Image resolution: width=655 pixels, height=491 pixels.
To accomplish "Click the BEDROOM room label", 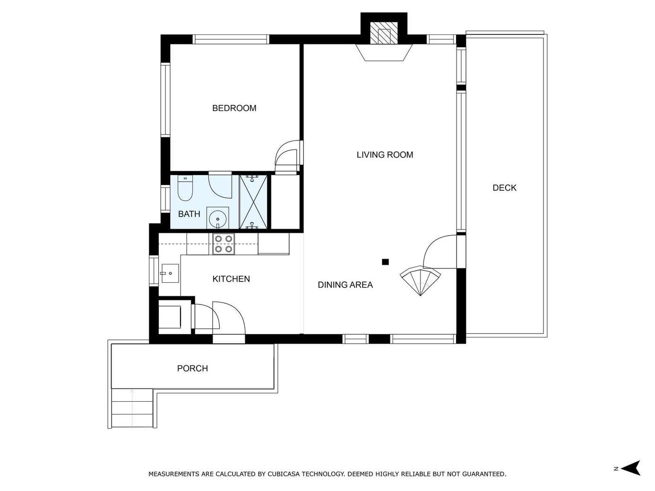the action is pyautogui.click(x=234, y=108).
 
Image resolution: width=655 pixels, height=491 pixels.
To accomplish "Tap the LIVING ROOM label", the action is pyautogui.click(x=385, y=155).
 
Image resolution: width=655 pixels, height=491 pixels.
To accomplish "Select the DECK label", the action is pyautogui.click(x=504, y=188).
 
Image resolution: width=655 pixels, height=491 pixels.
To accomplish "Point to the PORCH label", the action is pyautogui.click(x=192, y=368).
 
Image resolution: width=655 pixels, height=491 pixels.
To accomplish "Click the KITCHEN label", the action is pyautogui.click(x=231, y=279).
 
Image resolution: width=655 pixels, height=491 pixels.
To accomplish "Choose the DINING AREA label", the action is pyautogui.click(x=345, y=285).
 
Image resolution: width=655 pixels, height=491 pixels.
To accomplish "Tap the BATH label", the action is pyautogui.click(x=189, y=214).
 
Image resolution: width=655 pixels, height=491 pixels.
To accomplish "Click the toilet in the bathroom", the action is pyautogui.click(x=185, y=188).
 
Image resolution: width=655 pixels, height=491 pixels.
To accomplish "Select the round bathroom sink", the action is pyautogui.click(x=217, y=219).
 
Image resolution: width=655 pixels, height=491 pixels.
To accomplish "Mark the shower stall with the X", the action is pyautogui.click(x=253, y=202).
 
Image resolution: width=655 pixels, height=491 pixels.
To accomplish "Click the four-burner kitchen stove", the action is pyautogui.click(x=224, y=244).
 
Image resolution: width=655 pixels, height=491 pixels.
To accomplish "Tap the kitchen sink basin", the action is pyautogui.click(x=170, y=273).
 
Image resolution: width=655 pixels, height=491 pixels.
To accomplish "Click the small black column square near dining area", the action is pyautogui.click(x=385, y=262).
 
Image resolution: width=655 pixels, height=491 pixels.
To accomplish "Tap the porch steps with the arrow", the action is pyautogui.click(x=132, y=408).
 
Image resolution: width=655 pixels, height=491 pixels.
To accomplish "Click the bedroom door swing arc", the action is pyautogui.click(x=286, y=157).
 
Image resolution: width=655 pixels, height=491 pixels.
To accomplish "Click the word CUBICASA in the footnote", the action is pyautogui.click(x=284, y=474).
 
